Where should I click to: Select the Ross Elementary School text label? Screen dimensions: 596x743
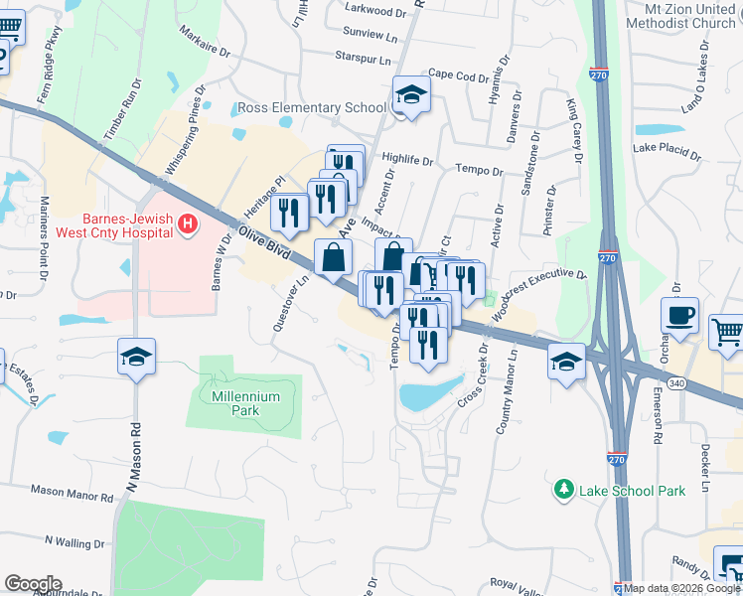(311, 107)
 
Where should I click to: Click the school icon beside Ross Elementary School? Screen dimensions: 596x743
(411, 95)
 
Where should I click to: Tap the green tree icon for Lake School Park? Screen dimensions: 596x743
(564, 490)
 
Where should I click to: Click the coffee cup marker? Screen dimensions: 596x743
(679, 316)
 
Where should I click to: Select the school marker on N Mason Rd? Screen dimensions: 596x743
(136, 357)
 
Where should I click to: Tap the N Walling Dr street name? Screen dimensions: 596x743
(74, 543)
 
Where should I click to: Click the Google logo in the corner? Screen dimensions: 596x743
(33, 583)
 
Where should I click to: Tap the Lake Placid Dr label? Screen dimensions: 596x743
(668, 151)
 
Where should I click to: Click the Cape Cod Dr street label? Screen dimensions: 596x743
(459, 75)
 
